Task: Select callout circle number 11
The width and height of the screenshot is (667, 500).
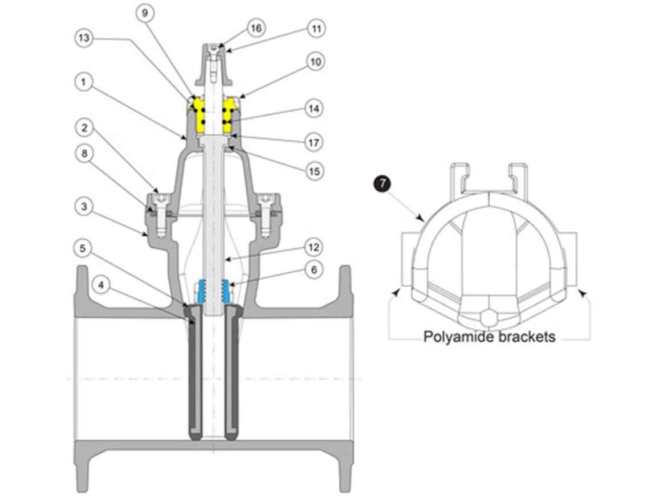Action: (x=315, y=27)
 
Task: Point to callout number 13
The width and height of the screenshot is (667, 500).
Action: (x=84, y=39)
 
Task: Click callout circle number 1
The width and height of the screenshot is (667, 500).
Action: (x=84, y=82)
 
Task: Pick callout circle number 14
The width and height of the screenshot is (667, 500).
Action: (x=315, y=108)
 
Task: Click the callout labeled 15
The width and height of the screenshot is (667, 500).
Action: (x=315, y=170)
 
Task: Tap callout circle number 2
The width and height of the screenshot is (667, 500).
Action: (x=84, y=129)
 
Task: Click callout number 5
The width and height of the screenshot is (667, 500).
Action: (x=84, y=248)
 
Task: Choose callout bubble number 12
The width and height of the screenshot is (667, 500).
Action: (x=315, y=248)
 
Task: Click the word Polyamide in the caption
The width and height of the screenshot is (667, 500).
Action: (x=457, y=337)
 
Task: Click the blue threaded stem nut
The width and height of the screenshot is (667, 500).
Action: (x=213, y=291)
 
